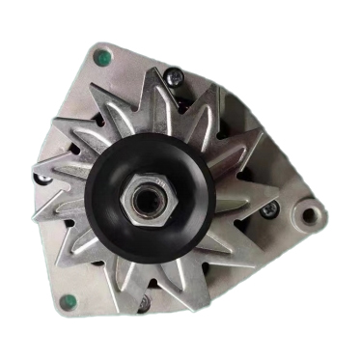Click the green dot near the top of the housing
[x=98, y=57]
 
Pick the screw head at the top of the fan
[x=176, y=72]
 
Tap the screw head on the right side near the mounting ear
[x=272, y=208]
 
